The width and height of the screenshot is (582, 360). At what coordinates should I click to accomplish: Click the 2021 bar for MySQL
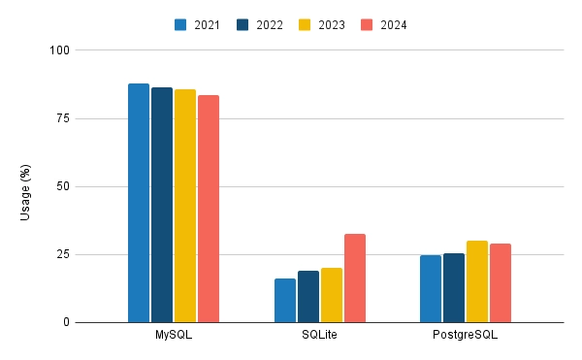point(139,203)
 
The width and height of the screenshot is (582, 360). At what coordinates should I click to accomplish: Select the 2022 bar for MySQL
point(162,205)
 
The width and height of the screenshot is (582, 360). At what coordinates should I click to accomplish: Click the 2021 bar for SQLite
point(285,301)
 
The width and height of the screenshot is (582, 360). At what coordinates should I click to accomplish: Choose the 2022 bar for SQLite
point(308,297)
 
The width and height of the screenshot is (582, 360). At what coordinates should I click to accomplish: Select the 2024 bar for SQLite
point(355,278)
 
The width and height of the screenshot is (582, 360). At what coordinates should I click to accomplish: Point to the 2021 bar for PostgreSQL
point(431,289)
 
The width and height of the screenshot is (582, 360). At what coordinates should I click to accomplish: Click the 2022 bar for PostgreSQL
point(454,288)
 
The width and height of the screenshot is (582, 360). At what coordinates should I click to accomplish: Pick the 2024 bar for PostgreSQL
point(501,283)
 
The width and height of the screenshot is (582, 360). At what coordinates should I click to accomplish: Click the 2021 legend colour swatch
point(181,25)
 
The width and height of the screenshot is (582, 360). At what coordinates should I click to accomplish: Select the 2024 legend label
point(393,25)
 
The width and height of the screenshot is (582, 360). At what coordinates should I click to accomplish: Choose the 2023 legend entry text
point(332,25)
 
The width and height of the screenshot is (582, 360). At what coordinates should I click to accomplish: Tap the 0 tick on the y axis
point(64,322)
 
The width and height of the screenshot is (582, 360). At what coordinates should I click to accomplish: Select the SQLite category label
point(320,336)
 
